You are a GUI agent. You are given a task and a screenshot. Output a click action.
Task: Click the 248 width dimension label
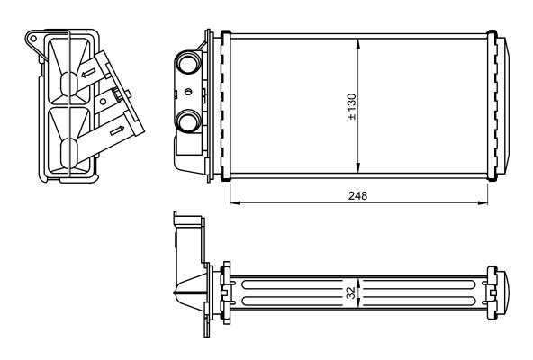(x=358, y=196)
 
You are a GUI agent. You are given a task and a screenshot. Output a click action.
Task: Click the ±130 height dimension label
(x=352, y=107)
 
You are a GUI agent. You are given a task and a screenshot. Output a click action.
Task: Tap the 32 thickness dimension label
(x=351, y=293)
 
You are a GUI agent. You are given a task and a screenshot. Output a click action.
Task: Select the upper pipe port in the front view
(x=187, y=62)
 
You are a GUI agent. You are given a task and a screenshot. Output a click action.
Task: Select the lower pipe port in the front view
(x=187, y=121)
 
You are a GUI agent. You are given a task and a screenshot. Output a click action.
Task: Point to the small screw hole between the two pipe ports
(x=188, y=92)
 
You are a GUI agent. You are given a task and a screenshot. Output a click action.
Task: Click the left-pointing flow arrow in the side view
(x=88, y=73)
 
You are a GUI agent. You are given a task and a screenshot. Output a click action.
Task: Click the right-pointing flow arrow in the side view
(x=117, y=130)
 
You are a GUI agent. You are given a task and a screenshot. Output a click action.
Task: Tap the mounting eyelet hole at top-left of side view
(x=33, y=39)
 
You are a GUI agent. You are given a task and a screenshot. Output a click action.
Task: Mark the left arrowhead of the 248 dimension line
(x=235, y=202)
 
